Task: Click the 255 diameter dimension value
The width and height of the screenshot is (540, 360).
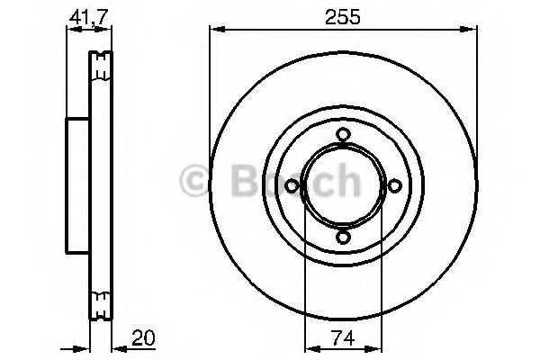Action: coord(342,17)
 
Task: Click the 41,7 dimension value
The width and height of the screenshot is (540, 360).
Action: coord(89,17)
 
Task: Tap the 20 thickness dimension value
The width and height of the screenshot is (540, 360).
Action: coord(143,338)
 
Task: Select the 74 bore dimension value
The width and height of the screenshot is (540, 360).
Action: coord(343,338)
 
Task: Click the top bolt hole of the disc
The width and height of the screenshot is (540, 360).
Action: coord(343,134)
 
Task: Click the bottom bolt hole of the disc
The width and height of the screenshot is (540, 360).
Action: coord(343,238)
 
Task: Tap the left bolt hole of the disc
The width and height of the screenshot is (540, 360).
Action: coord(292,186)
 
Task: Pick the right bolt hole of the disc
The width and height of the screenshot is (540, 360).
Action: coord(395,186)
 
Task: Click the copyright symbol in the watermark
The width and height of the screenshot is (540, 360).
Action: coord(195,180)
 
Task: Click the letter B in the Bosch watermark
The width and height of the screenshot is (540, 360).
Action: coord(245,180)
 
